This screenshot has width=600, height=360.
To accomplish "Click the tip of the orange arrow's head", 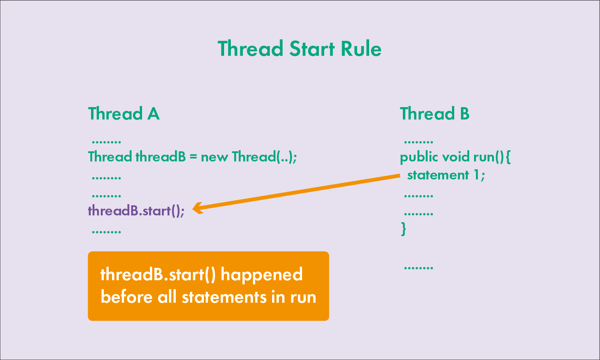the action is [x=193, y=209].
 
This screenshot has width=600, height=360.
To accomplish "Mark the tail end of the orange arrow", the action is [x=400, y=176].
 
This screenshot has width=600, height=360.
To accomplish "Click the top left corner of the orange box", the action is [x=88, y=252].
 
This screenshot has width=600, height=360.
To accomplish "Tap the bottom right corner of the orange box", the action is [x=329, y=321].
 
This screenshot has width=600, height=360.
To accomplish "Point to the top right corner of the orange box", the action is [x=329, y=252].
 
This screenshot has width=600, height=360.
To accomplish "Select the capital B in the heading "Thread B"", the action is [x=465, y=114].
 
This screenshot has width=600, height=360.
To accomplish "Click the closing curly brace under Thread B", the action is [x=403, y=229].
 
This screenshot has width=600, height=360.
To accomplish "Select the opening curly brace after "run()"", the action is [x=508, y=157].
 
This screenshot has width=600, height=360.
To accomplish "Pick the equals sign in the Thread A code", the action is [x=193, y=157].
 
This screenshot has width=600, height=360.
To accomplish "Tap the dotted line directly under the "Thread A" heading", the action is [x=106, y=142].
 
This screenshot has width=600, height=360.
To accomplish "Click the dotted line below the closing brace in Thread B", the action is [x=418, y=267].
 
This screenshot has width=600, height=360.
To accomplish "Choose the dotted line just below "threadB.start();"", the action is [x=106, y=232].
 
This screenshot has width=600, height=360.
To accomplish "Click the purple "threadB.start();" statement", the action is [x=136, y=211].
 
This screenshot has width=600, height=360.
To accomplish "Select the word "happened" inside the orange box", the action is [x=262, y=275].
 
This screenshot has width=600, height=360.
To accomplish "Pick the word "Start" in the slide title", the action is [x=312, y=49].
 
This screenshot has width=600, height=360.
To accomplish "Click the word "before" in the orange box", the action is [x=127, y=297].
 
